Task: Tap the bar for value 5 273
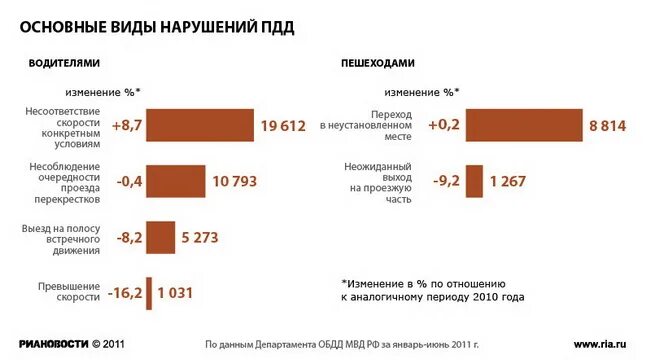160,237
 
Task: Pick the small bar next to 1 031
148,293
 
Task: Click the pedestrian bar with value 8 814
524,125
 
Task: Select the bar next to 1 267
474,181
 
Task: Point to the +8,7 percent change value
127,126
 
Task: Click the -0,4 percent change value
128,182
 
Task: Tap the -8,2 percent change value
128,238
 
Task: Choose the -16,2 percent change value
124,294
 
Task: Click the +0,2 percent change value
445,126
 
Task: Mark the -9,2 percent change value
446,182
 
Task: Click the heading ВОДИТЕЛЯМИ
63,62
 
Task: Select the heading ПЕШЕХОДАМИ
377,62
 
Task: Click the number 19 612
283,126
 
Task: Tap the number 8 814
607,126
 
